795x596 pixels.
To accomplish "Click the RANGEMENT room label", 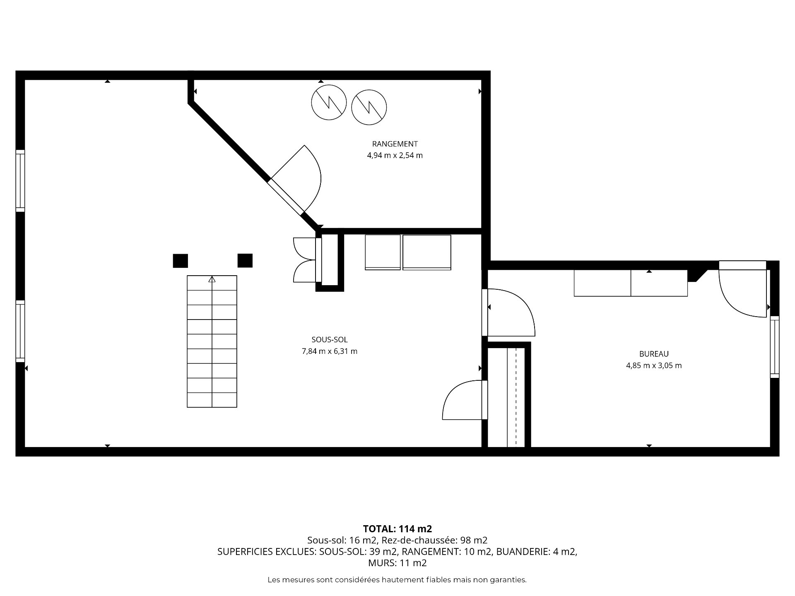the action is [395, 144].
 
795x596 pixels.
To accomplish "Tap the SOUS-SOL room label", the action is [330, 340].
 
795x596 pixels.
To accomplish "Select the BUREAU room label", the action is [654, 354].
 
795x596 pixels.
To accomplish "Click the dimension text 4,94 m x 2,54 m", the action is [395, 156].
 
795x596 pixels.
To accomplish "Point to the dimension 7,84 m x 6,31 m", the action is [330, 351].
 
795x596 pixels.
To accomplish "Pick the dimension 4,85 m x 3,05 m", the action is [654, 365].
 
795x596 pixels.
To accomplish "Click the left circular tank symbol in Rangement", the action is [329, 103].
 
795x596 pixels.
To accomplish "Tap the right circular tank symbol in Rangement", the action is [369, 107].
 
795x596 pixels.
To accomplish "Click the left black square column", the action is [180, 261].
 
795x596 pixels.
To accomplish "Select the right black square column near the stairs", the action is [245, 260].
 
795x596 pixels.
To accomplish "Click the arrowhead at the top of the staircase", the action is [212, 279].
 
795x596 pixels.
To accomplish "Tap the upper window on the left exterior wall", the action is [20, 181].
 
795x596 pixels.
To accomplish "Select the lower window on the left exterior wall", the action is [20, 331].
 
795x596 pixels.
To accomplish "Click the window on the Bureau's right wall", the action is [774, 347].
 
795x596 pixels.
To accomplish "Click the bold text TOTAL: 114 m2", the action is [397, 529].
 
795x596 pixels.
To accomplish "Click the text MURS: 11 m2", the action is [397, 563].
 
